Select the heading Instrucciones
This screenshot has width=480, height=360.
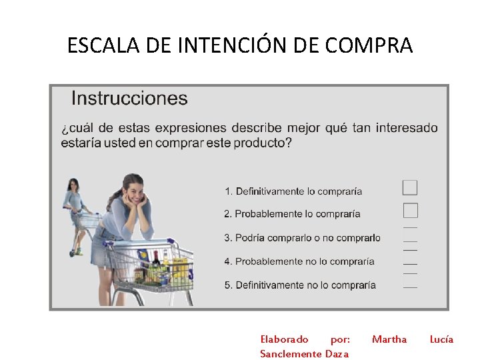(129, 99)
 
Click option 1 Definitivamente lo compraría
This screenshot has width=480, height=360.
(293, 191)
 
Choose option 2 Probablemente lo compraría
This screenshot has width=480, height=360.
(292, 214)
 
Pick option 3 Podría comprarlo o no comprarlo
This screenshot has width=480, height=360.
(302, 237)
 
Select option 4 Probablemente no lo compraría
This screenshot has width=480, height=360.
(299, 261)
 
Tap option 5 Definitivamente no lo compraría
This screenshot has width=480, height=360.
(300, 285)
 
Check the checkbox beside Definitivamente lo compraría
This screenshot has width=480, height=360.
(410, 187)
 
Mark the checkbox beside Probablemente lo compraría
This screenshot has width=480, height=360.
(411, 211)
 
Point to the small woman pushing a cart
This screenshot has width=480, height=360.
(74, 210)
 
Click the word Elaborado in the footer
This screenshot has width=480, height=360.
(284, 339)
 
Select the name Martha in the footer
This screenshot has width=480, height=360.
(389, 339)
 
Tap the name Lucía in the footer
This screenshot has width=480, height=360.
(441, 339)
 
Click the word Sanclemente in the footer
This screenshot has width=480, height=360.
(291, 353)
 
